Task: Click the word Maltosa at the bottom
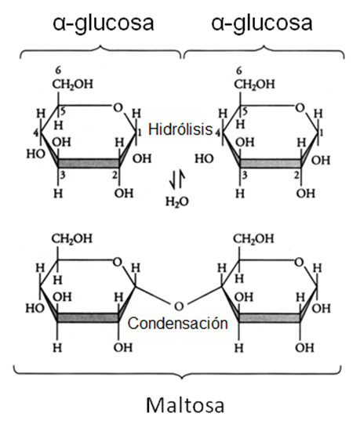pyautogui.click(x=185, y=405)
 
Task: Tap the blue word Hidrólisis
pyautogui.click(x=180, y=129)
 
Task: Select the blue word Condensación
pyautogui.click(x=178, y=323)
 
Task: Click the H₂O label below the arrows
pyautogui.click(x=177, y=201)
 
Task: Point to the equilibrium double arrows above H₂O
pyautogui.click(x=177, y=179)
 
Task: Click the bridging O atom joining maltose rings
pyautogui.click(x=178, y=306)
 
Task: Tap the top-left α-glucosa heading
pyautogui.click(x=104, y=24)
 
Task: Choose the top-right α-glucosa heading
pyautogui.click(x=262, y=24)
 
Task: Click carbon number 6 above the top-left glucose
pyautogui.click(x=58, y=71)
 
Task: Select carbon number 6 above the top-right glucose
pyautogui.click(x=239, y=71)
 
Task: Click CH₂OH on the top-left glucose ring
pyautogui.click(x=72, y=84)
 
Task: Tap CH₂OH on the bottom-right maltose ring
pyautogui.click(x=253, y=238)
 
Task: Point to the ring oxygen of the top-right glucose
pyautogui.click(x=300, y=108)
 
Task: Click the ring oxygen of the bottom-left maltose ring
pyautogui.click(x=117, y=262)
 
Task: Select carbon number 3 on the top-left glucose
pyautogui.click(x=63, y=176)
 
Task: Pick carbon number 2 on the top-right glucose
pyautogui.click(x=296, y=176)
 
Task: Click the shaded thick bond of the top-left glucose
pyautogui.click(x=89, y=163)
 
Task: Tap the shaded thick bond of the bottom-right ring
pyautogui.click(x=269, y=317)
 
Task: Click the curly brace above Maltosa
pyautogui.click(x=177, y=372)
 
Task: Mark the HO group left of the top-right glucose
pyautogui.click(x=204, y=159)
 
